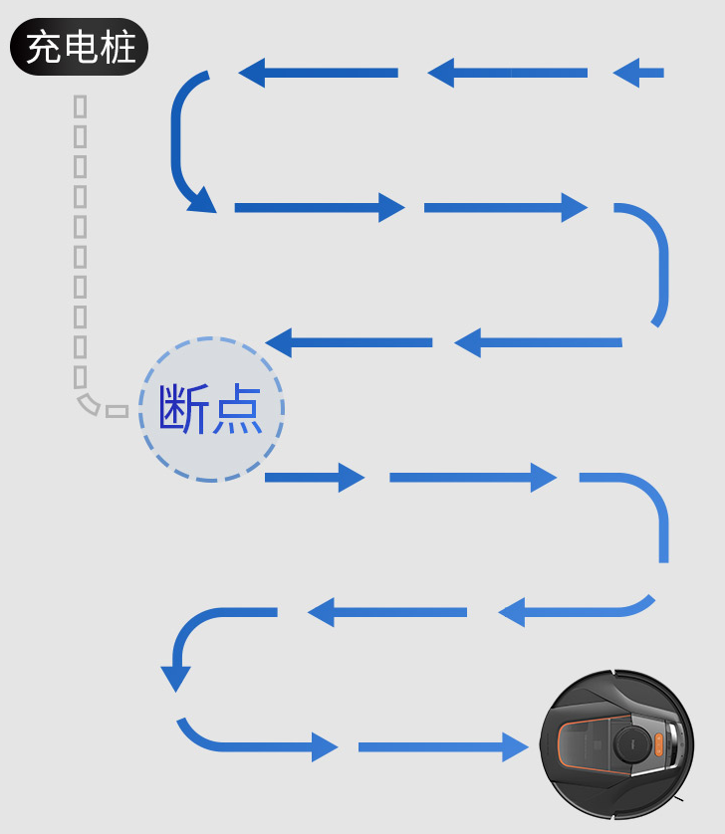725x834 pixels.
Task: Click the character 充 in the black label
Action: coord(43,48)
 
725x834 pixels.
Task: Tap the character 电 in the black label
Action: coord(81,48)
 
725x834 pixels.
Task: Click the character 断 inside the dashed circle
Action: coord(184,410)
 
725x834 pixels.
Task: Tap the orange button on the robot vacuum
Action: coord(657,744)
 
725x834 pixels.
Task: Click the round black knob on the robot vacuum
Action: coord(629,745)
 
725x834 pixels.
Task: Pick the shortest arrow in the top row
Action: coord(638,73)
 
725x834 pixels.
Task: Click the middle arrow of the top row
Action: coord(507,73)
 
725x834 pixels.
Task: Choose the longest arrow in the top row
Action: coord(319,73)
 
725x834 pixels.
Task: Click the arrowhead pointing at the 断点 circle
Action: coord(280,342)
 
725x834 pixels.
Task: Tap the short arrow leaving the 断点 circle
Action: coord(315,478)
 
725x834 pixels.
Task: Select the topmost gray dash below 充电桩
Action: coord(81,105)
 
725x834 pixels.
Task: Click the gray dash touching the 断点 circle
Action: coord(118,411)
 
